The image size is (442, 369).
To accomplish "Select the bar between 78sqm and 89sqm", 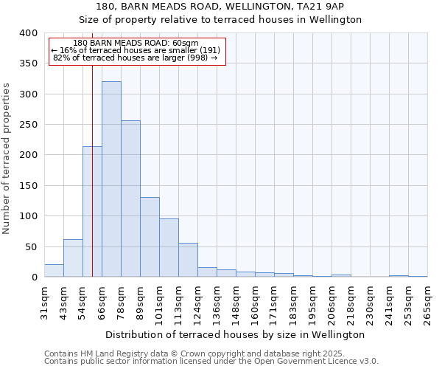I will pyautogui.click(x=130, y=199).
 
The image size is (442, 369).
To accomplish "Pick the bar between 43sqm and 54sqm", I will pyautogui.click(x=73, y=258).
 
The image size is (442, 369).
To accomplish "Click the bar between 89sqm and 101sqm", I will pyautogui.click(x=150, y=237).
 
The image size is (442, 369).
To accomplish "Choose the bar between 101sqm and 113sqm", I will pyautogui.click(x=169, y=248).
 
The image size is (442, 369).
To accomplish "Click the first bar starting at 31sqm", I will pyautogui.click(x=54, y=270).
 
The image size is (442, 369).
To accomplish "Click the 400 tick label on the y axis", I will pyautogui.click(x=28, y=33).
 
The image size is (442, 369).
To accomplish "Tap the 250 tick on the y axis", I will pyautogui.click(x=28, y=125).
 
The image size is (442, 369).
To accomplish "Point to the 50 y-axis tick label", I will pyautogui.click(x=30, y=246).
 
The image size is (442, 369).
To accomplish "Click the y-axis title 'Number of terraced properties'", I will pyautogui.click(x=7, y=159).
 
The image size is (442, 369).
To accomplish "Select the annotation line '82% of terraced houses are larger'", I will pyautogui.click(x=136, y=58).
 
